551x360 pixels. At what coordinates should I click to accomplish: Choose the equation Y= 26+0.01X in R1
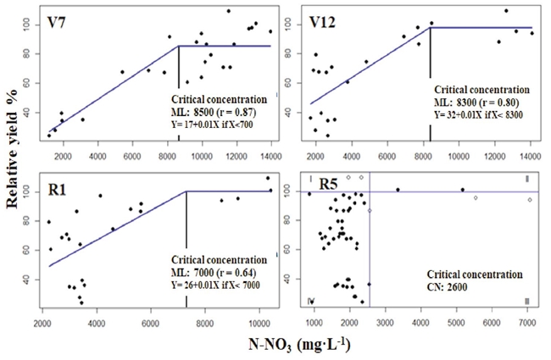coord(215,285)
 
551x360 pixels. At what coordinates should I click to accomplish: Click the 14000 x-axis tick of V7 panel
coord(270,154)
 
